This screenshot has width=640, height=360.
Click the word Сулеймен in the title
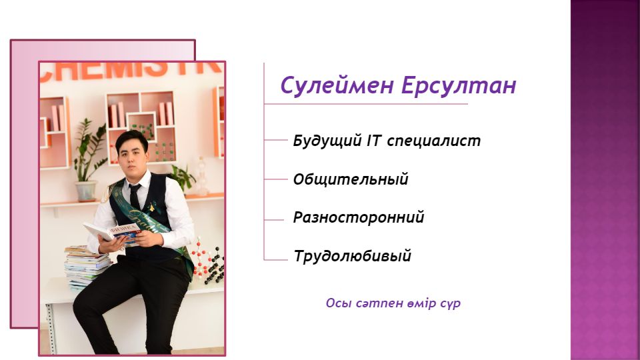[337, 86]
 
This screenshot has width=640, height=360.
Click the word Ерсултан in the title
[459, 86]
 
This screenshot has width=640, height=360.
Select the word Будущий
[327, 141]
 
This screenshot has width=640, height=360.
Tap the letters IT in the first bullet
[374, 141]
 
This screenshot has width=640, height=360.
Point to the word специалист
[433, 141]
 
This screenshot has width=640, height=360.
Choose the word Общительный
[351, 179]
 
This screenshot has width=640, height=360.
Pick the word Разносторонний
[359, 217]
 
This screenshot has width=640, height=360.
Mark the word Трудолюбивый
[352, 256]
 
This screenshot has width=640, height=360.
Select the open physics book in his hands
[111, 233]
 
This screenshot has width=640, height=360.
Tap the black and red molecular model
[208, 261]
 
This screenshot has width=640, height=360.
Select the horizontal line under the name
[366, 104]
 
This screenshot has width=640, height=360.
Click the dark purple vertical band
[605, 180]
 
